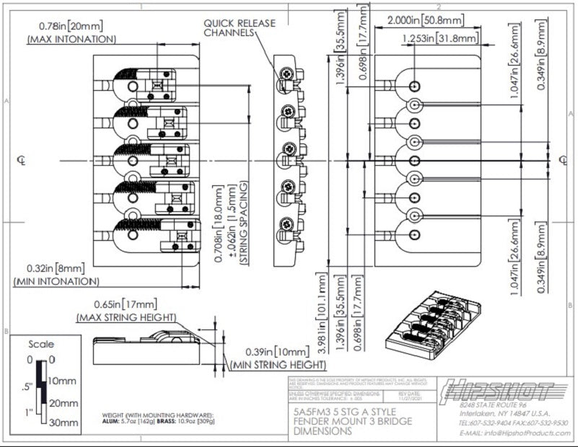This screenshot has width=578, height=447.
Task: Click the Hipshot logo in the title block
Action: coord(499,392)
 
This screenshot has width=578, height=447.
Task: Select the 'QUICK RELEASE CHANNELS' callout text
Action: coord(239,28)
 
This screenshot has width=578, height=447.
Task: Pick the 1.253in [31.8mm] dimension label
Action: coord(439,37)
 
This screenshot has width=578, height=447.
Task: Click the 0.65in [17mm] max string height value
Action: coord(125,305)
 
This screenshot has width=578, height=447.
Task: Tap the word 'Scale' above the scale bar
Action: coord(41,345)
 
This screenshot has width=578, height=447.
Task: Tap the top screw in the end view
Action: coord(287,74)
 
